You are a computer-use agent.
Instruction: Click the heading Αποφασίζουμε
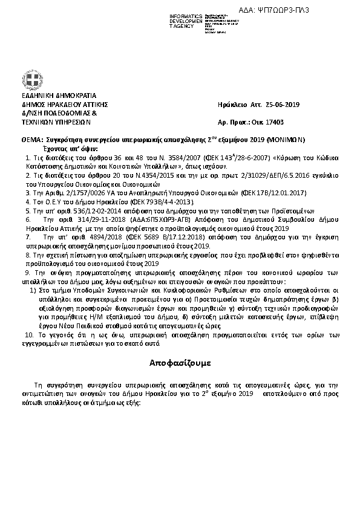(180, 363)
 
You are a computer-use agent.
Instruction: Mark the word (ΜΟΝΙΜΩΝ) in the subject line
(288, 139)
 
